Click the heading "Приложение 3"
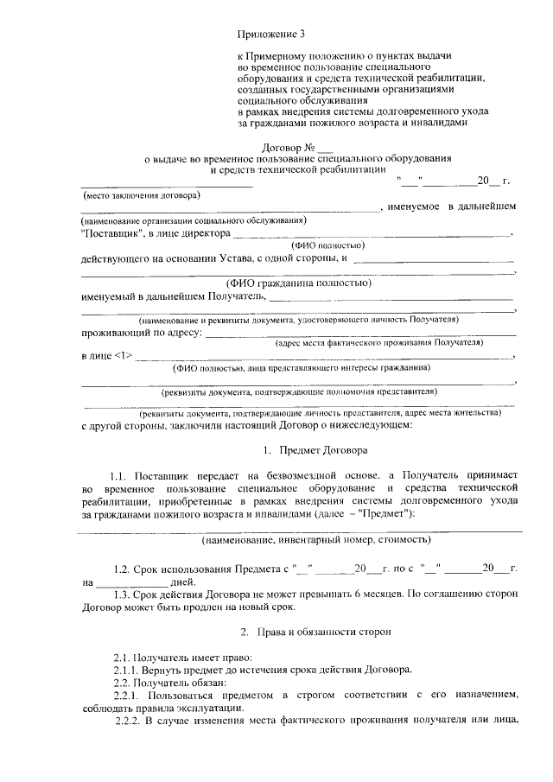[271, 35]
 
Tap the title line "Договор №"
[282, 148]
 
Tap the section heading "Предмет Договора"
[323, 450]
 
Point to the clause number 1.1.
[121, 476]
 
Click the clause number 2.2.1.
[127, 694]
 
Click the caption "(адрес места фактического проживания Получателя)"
[377, 343]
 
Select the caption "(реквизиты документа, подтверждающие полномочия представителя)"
[300, 391]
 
